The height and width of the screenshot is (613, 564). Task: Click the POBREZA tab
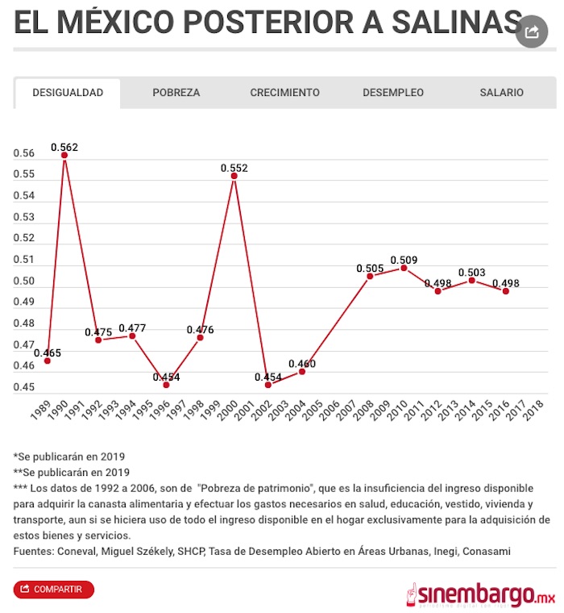click(x=176, y=93)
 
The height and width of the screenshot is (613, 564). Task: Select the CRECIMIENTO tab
click(x=284, y=93)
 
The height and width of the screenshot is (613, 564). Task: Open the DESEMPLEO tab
click(x=393, y=93)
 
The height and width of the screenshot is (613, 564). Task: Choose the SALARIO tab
click(x=501, y=93)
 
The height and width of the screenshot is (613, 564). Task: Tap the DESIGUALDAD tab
click(x=68, y=93)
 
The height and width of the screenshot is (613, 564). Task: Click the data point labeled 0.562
click(x=64, y=155)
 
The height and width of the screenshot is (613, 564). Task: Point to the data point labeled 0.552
click(x=234, y=176)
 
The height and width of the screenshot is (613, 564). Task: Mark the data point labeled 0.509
click(x=404, y=268)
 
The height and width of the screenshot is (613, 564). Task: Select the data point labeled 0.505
click(x=370, y=276)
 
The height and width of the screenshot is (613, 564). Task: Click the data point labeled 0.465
click(x=48, y=361)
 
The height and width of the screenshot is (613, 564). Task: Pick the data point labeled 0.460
click(x=302, y=371)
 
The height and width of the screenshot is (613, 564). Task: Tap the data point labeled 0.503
click(x=471, y=280)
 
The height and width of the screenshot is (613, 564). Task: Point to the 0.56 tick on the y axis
click(x=24, y=154)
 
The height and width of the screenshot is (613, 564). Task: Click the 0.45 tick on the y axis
click(x=24, y=387)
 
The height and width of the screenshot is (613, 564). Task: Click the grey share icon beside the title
click(x=531, y=31)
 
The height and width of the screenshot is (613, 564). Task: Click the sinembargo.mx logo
click(x=480, y=594)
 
